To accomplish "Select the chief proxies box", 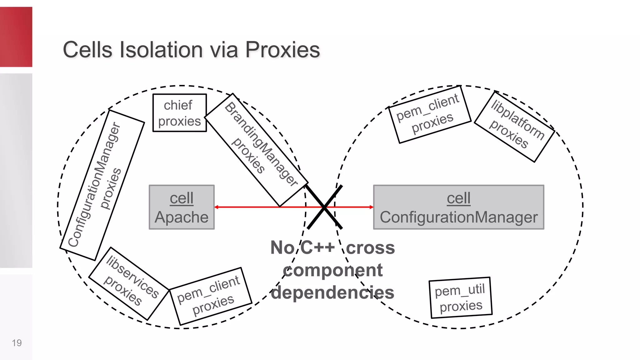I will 179,113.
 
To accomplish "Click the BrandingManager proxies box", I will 256,150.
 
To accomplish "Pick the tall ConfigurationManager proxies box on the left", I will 102,185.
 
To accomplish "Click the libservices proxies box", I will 129,283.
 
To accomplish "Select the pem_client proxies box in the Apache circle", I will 211,296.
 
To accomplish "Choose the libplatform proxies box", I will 514,127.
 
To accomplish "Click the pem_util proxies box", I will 460,297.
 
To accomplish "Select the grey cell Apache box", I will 182,207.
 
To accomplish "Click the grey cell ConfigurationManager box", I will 458,207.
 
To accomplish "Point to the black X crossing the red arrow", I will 325,207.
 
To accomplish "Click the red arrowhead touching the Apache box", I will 216,207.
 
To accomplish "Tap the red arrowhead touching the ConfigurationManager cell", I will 371,207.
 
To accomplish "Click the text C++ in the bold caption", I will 317,247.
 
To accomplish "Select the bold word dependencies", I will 332,292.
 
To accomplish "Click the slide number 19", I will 17,343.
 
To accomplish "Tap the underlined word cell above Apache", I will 182,198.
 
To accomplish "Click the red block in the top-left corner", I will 16,37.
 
